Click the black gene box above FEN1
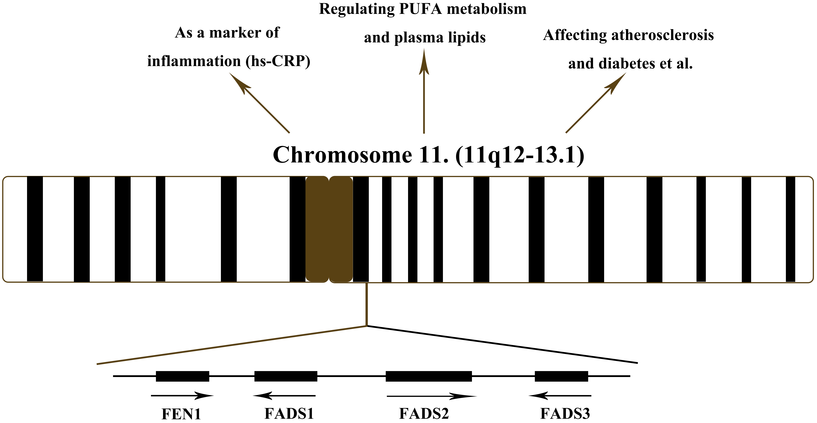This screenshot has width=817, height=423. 182,376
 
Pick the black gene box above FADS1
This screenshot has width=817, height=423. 286,376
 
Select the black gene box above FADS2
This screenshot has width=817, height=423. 429,376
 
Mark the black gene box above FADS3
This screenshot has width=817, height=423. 561,376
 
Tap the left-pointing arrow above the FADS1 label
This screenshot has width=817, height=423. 284,396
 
